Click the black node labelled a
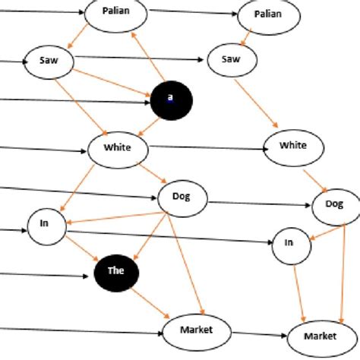pyautogui.click(x=171, y=98)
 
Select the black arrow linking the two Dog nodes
pyautogui.click(x=258, y=203)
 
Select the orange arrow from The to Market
pyautogui.click(x=148, y=298)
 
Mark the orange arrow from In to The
pyautogui.click(x=80, y=249)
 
